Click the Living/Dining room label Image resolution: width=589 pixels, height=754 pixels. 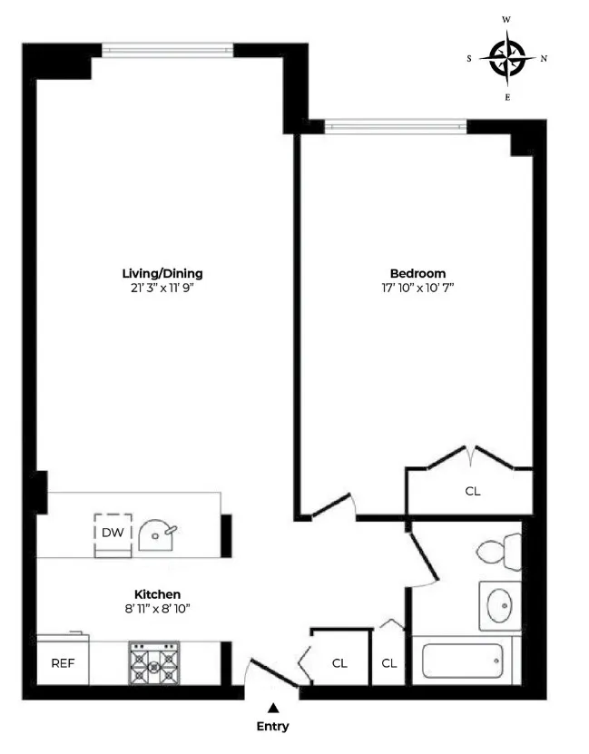tap(162, 273)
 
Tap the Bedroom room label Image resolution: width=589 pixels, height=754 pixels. tap(417, 273)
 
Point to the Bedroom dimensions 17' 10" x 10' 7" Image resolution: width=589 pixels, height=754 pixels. tap(417, 288)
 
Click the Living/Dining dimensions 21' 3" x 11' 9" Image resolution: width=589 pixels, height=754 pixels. tap(162, 288)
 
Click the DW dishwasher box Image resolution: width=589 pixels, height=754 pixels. tap(113, 533)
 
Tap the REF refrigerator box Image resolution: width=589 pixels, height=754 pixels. tap(62, 663)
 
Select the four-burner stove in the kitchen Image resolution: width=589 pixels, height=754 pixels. tap(153, 662)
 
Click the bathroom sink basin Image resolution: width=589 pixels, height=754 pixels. tap(498, 606)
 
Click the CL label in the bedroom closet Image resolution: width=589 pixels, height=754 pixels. tap(472, 491)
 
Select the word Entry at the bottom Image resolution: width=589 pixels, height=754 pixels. tap(272, 726)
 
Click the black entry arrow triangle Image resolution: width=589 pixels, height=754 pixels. tap(272, 706)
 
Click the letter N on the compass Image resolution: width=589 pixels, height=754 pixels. tap(544, 59)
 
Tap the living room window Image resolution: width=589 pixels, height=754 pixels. tap(167, 49)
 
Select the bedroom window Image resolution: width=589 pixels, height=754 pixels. tap(396, 126)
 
